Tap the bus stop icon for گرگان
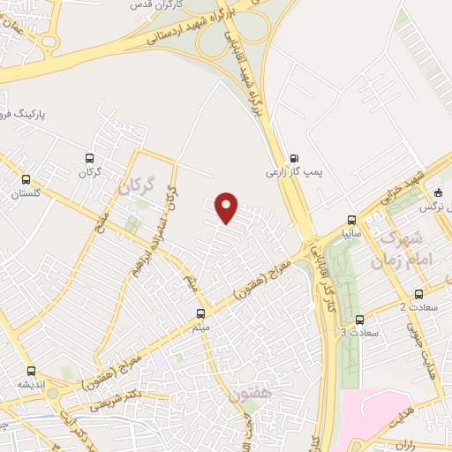[87, 157]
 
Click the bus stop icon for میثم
[201, 313]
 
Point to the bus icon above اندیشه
[32, 371]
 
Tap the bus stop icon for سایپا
[352, 220]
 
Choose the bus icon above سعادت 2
[418, 294]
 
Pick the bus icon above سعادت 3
[359, 320]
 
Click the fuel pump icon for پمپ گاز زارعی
[294, 159]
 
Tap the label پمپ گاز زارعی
[290, 174]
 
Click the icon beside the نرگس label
[440, 192]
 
